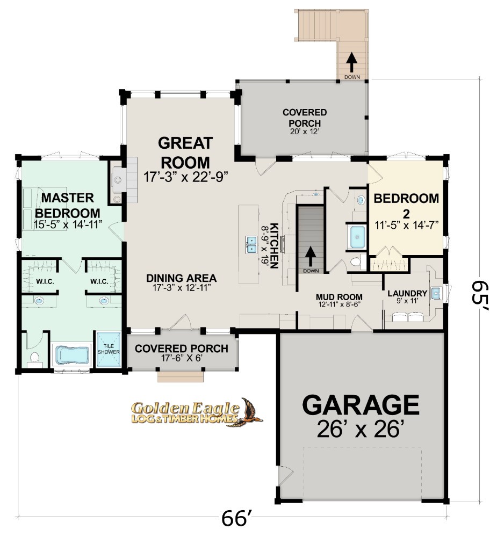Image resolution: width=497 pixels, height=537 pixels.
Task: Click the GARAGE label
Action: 361,405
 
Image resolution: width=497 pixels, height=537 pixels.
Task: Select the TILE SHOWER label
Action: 109,349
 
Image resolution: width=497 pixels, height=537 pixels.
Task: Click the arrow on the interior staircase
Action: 311,256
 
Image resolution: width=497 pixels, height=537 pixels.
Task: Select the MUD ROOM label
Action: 339,296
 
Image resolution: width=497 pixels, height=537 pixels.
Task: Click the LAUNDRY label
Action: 407,294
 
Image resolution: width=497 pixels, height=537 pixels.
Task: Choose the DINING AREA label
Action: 181,278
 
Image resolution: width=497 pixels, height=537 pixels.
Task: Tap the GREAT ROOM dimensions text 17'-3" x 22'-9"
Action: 185,177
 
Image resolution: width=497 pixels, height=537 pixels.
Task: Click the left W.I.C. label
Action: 45,281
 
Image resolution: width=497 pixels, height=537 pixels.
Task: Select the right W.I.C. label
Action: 99,281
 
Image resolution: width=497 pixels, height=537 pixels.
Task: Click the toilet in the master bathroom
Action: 34,357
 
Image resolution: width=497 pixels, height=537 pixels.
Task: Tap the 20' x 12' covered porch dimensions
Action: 305,132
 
